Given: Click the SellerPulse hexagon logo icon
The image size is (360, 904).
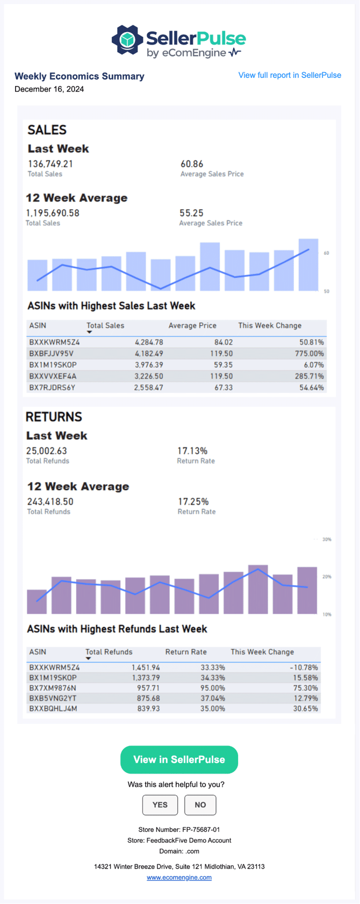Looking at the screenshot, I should coord(127,40).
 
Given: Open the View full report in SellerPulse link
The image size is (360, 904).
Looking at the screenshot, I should coord(290,75).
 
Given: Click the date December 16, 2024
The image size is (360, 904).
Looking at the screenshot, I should coord(49,89).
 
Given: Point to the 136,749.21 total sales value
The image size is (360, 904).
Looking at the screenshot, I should coord(51,164).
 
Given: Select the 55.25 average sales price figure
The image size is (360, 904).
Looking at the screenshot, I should coord(191,213).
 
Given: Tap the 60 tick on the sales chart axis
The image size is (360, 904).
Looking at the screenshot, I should coord(326,253).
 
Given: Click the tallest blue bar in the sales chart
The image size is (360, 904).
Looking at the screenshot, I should coord(308,264).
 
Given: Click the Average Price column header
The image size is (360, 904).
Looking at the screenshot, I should coord(192,326).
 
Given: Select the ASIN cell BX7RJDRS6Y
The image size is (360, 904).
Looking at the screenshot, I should coord(52,388).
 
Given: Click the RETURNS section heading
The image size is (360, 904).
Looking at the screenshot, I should coord(54,417).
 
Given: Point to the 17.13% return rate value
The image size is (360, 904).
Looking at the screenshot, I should coord(192,451).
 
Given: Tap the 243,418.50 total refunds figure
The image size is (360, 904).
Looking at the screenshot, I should coord(50,501).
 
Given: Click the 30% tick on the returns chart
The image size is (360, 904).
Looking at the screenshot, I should coord(327,539).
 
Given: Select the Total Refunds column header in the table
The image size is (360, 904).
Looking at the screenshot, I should coord(109,652).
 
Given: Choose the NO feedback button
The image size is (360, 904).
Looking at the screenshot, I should coord(200,805).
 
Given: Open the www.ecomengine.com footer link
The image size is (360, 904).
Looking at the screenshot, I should coord(179,878).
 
